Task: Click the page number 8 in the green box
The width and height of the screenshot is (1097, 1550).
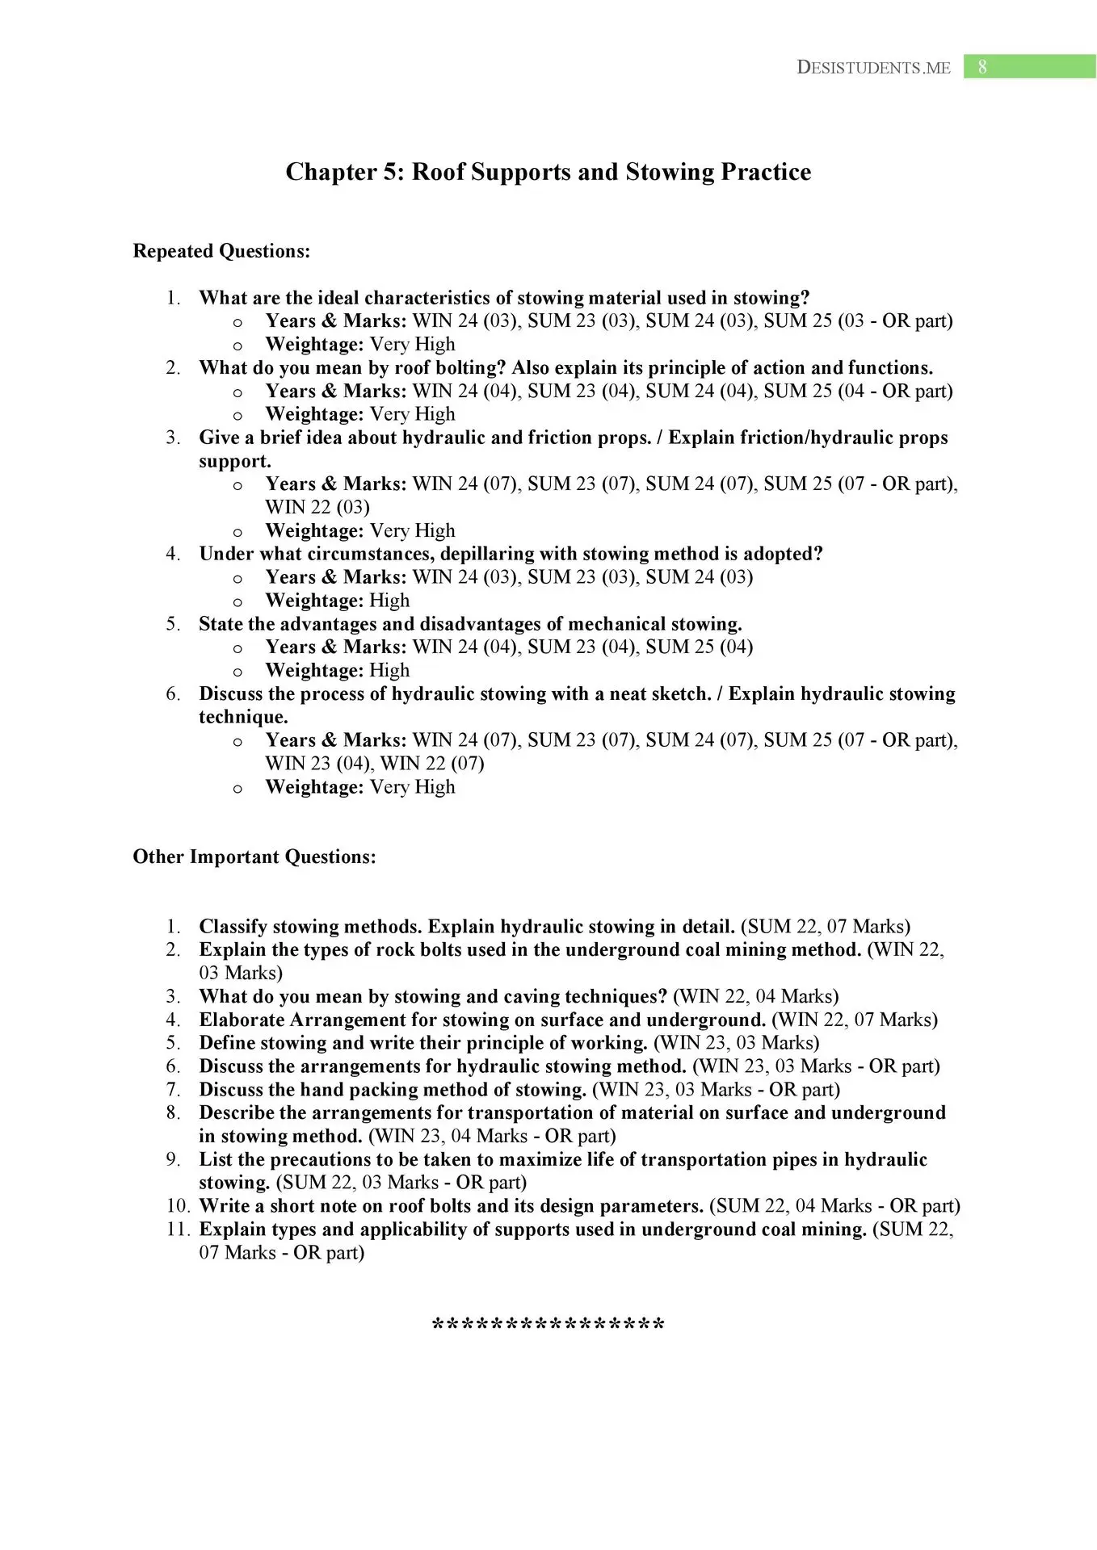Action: click(x=981, y=67)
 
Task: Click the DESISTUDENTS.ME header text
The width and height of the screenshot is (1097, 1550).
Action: click(x=873, y=68)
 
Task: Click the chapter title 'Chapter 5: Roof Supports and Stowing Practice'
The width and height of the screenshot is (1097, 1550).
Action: click(x=548, y=172)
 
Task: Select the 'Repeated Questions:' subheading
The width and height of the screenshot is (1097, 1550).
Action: click(x=221, y=251)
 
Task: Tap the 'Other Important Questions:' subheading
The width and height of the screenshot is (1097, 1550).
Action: click(x=254, y=857)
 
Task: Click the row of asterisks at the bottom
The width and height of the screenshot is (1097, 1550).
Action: click(x=548, y=1326)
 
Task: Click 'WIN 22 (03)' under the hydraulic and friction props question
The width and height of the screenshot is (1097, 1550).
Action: click(x=317, y=507)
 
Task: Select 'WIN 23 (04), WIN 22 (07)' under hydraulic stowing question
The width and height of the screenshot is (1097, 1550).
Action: click(x=375, y=763)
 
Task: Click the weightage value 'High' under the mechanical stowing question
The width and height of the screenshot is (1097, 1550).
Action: click(x=389, y=670)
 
